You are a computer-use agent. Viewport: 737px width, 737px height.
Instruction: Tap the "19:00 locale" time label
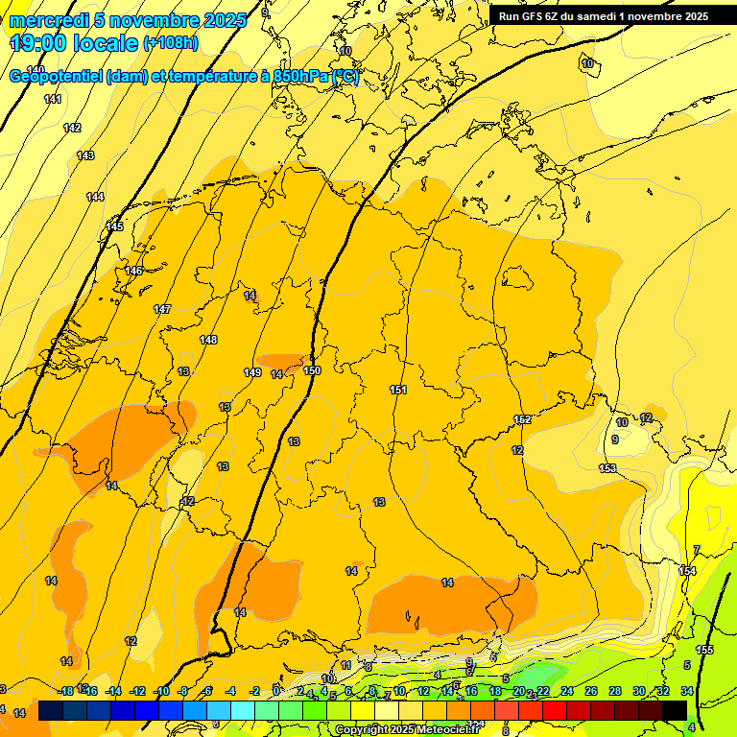click(74, 43)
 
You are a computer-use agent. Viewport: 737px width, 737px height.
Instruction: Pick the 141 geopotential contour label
click(53, 100)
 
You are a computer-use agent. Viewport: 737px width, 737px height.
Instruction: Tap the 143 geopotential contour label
click(85, 155)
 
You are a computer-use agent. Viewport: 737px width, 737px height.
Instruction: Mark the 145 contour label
click(114, 226)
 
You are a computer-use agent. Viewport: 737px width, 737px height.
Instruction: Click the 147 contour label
click(162, 309)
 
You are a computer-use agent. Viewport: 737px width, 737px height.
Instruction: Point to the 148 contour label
click(208, 340)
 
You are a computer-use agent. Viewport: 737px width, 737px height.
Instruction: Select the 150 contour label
click(312, 370)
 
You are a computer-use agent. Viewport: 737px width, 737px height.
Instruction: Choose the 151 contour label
click(398, 390)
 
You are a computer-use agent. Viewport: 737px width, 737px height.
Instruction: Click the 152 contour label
click(523, 420)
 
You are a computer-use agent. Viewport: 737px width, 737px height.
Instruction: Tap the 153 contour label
click(607, 468)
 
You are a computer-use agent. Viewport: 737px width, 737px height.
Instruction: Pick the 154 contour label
click(687, 571)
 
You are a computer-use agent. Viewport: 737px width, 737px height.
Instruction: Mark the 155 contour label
click(704, 650)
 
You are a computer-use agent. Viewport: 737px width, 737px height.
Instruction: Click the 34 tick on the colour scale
click(687, 692)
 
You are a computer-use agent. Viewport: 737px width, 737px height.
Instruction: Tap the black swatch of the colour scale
click(675, 710)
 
